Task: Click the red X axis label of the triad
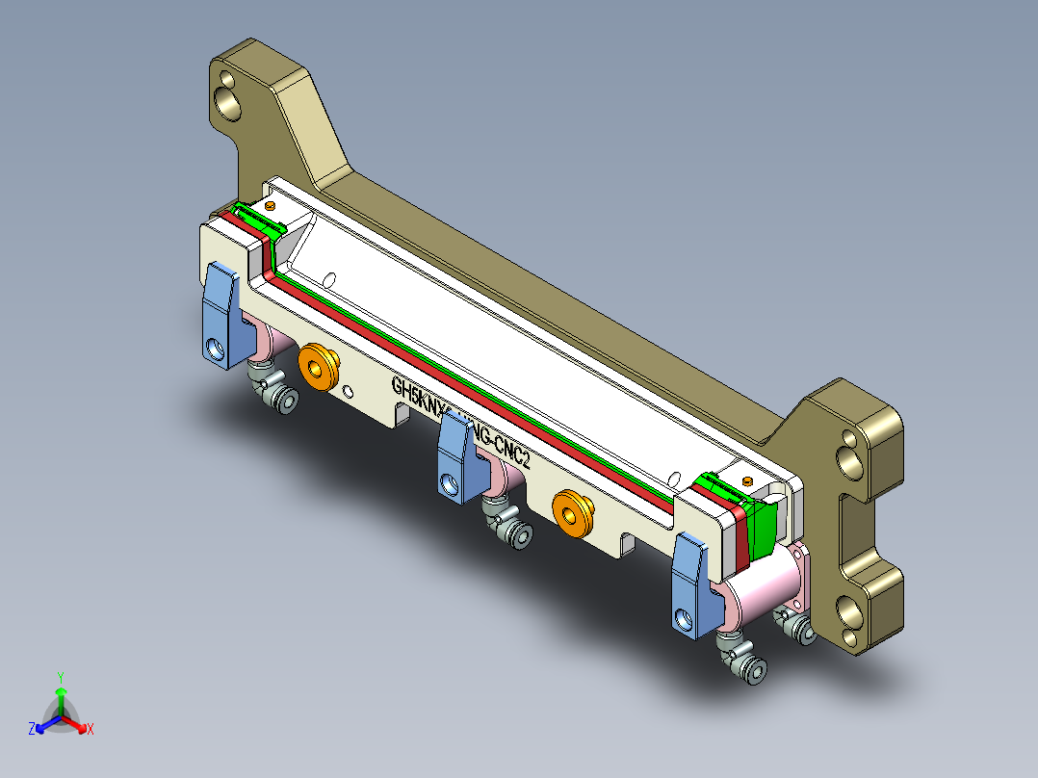(x=90, y=730)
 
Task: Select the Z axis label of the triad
(x=32, y=730)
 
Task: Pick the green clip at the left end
(x=260, y=219)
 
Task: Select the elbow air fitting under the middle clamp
(x=507, y=525)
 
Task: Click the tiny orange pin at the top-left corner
(x=271, y=205)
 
